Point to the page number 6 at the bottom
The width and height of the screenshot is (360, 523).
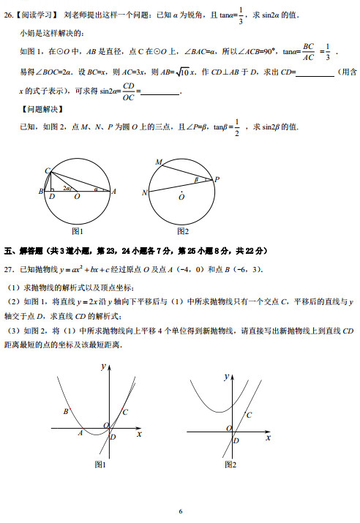tap(180, 511)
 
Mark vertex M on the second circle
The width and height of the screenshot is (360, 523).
tap(159, 162)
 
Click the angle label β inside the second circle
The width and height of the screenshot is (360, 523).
tap(195, 178)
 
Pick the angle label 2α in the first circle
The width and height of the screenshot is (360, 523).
tap(67, 189)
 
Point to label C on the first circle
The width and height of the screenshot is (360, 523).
tap(48, 171)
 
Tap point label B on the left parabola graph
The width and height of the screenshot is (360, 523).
tap(66, 412)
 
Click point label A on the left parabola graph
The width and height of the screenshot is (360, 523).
tap(80, 433)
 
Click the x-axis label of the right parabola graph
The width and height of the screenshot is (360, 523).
tap(268, 437)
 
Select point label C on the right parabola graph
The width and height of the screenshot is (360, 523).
tap(250, 415)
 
